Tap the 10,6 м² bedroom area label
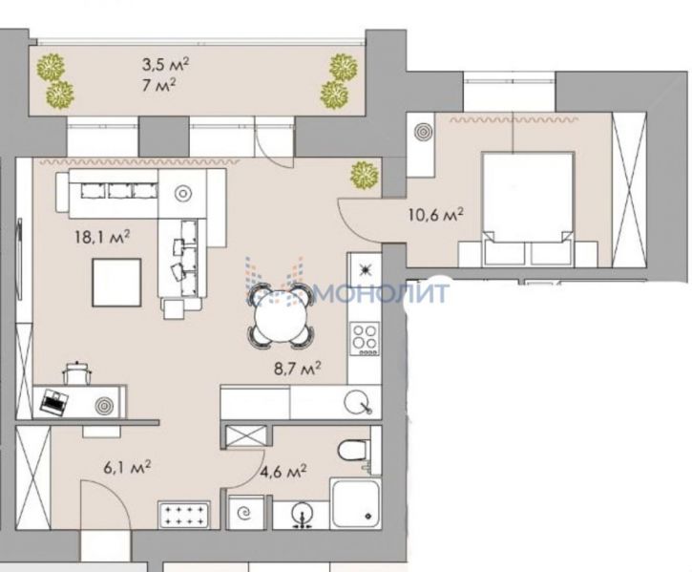(436, 215)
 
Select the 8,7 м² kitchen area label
(297, 368)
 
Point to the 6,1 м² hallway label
(128, 467)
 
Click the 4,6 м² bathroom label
(283, 472)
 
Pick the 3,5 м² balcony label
(165, 65)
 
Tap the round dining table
(281, 314)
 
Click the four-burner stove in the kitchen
(365, 339)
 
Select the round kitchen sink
(357, 403)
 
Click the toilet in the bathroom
(354, 451)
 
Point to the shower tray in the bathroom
(355, 504)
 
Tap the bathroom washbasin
(303, 515)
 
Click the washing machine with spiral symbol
(244, 513)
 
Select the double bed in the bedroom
(528, 208)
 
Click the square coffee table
(116, 283)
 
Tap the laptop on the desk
(54, 402)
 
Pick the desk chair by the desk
(77, 373)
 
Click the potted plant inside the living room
(364, 176)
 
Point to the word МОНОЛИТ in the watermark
(382, 292)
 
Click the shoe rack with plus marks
(183, 516)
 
